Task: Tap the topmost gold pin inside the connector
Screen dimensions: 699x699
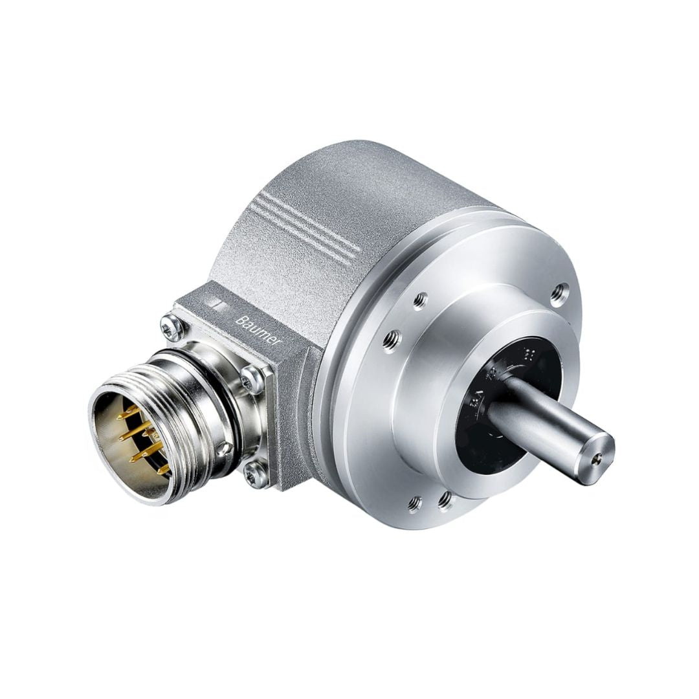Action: [128, 409]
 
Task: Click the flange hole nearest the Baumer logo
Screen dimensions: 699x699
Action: [390, 339]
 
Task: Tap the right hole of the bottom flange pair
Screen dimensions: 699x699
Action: [445, 498]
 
